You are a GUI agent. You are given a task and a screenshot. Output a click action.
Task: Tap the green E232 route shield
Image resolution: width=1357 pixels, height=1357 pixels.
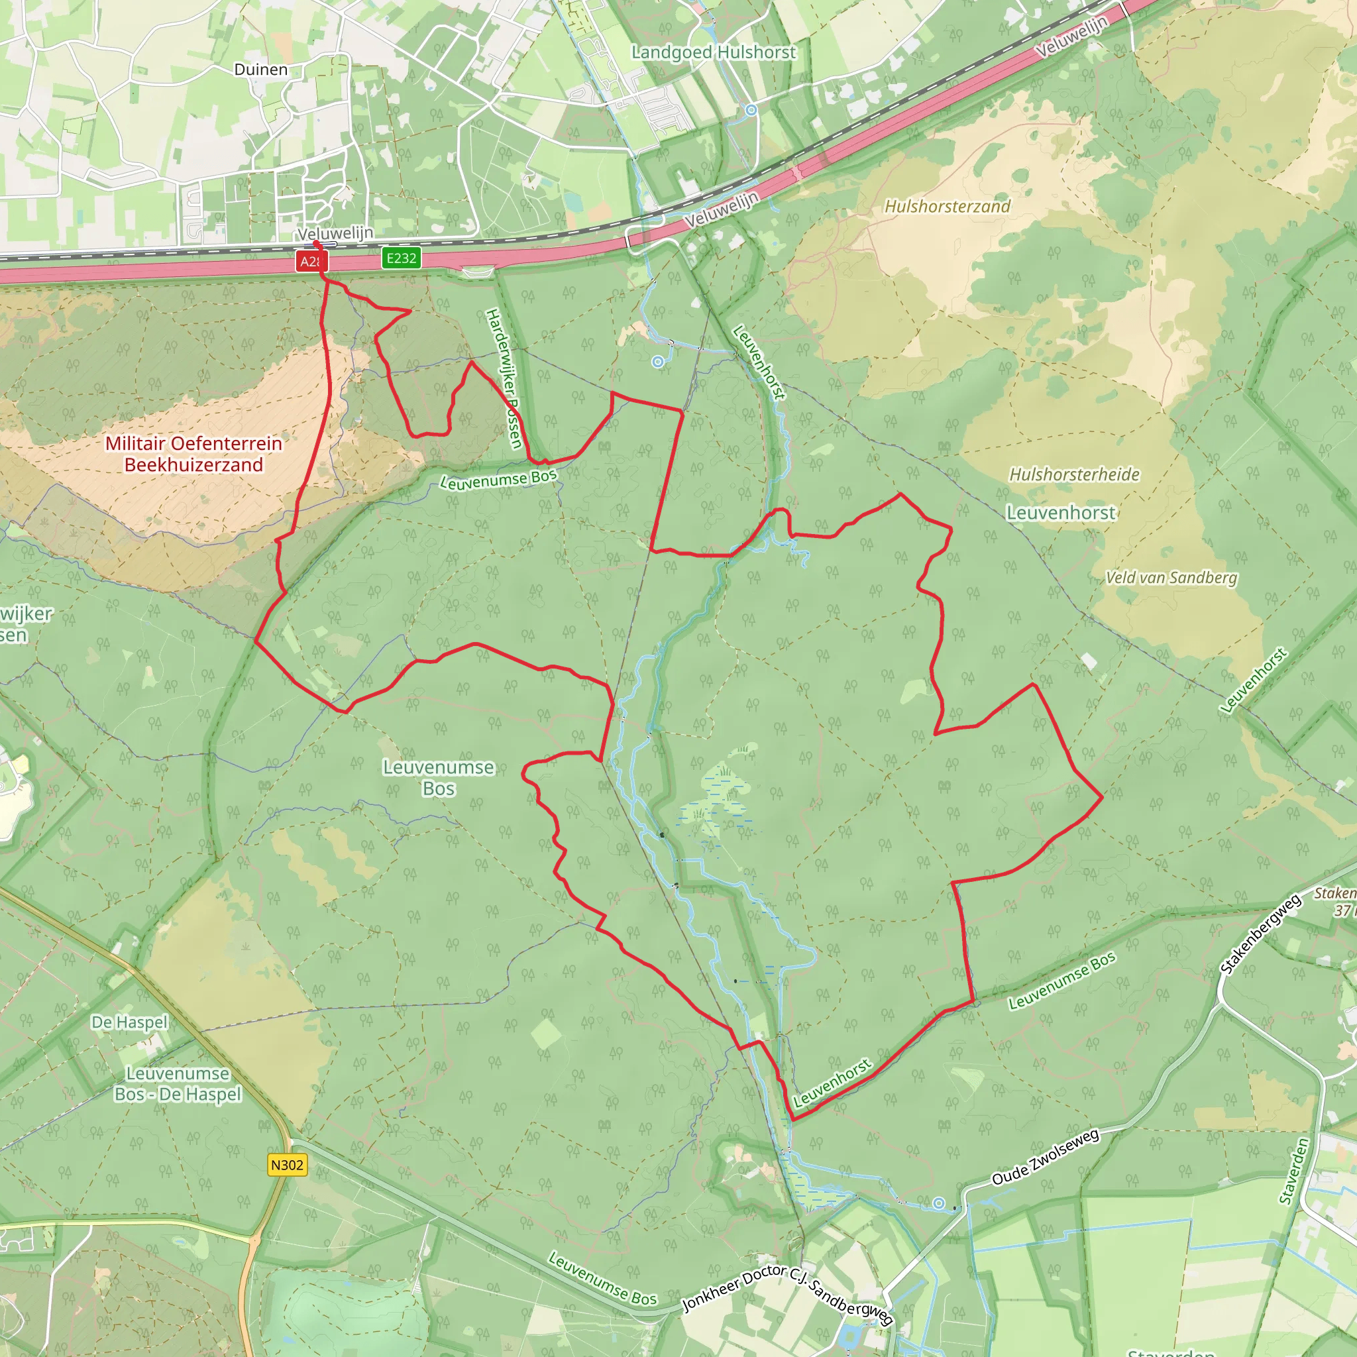point(401,258)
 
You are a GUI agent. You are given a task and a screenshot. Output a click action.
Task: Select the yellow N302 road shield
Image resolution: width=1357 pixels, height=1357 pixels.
point(288,1165)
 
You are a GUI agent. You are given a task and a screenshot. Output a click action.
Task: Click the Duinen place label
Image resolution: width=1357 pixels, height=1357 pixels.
point(260,70)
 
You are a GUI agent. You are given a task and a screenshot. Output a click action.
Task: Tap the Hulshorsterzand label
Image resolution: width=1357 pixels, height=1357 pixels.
point(947,206)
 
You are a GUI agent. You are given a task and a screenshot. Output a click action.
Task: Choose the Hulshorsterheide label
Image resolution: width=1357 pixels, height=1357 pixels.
point(1074,474)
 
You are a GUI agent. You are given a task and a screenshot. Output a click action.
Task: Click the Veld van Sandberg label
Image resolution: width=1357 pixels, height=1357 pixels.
point(1171,577)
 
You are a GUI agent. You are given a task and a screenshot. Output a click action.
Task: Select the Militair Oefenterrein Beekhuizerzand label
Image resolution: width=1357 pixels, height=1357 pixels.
point(193,454)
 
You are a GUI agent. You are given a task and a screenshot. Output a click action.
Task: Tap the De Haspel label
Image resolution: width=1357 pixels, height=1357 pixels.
point(130,1022)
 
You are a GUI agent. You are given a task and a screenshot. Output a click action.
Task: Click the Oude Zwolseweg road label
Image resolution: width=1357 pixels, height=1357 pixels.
point(1045,1157)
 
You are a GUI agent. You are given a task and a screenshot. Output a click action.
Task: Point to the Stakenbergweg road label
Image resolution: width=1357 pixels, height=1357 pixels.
point(1261,935)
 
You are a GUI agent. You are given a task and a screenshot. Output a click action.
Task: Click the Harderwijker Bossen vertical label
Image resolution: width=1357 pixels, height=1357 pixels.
point(504,378)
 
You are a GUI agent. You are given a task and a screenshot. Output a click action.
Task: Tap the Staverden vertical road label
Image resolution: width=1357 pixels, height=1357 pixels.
point(1294,1171)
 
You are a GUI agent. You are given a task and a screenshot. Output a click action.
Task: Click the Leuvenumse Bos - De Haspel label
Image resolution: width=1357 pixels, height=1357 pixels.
point(178,1084)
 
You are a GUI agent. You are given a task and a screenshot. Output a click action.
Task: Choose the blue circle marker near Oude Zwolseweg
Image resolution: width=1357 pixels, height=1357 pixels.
point(938,1203)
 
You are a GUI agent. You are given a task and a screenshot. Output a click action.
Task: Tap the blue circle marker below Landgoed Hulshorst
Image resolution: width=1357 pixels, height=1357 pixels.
point(751,109)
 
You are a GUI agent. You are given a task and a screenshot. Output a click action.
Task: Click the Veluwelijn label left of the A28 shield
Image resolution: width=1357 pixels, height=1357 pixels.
point(335,233)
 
